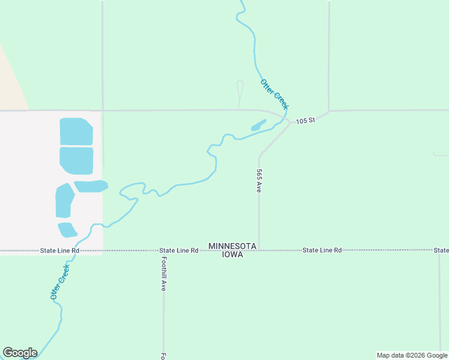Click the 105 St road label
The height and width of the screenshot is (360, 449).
[306, 121]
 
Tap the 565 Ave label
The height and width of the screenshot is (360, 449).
[259, 180]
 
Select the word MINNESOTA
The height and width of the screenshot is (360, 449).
[233, 246]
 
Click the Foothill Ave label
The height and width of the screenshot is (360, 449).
[163, 274]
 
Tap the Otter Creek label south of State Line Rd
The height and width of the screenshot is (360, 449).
[60, 282]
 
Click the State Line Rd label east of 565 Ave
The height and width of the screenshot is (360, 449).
[322, 250]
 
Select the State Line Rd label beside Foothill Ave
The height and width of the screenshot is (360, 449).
[179, 250]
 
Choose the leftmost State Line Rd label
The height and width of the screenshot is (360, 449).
[59, 250]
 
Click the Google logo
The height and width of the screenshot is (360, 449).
[20, 353]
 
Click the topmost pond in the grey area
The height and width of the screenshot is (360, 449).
[76, 131]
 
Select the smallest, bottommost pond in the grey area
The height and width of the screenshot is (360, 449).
[67, 230]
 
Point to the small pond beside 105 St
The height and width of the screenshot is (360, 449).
[258, 125]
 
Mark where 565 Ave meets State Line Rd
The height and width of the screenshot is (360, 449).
[259, 250]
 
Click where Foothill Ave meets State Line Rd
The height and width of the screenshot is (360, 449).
[163, 250]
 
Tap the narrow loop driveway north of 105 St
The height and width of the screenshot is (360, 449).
[240, 93]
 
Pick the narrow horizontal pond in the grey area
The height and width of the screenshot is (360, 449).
[91, 186]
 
